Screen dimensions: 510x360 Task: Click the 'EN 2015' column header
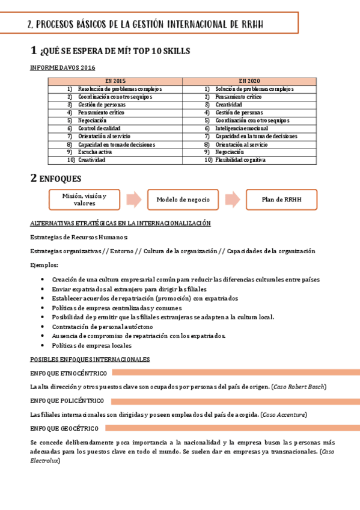115,81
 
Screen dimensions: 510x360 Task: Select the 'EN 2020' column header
250,81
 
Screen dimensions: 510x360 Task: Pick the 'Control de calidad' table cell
99,128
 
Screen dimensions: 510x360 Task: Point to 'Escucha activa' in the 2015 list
96,152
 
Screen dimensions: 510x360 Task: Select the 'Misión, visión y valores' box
85,200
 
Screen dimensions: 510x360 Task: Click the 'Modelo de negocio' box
183,200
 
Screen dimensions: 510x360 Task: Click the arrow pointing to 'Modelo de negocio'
135,200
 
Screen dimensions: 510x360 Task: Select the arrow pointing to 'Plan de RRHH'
234,200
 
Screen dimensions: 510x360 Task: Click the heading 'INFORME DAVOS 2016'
63,68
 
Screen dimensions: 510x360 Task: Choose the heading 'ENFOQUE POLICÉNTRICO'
67,401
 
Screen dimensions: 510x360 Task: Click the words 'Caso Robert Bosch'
307,386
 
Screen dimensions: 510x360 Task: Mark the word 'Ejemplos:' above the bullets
44,265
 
